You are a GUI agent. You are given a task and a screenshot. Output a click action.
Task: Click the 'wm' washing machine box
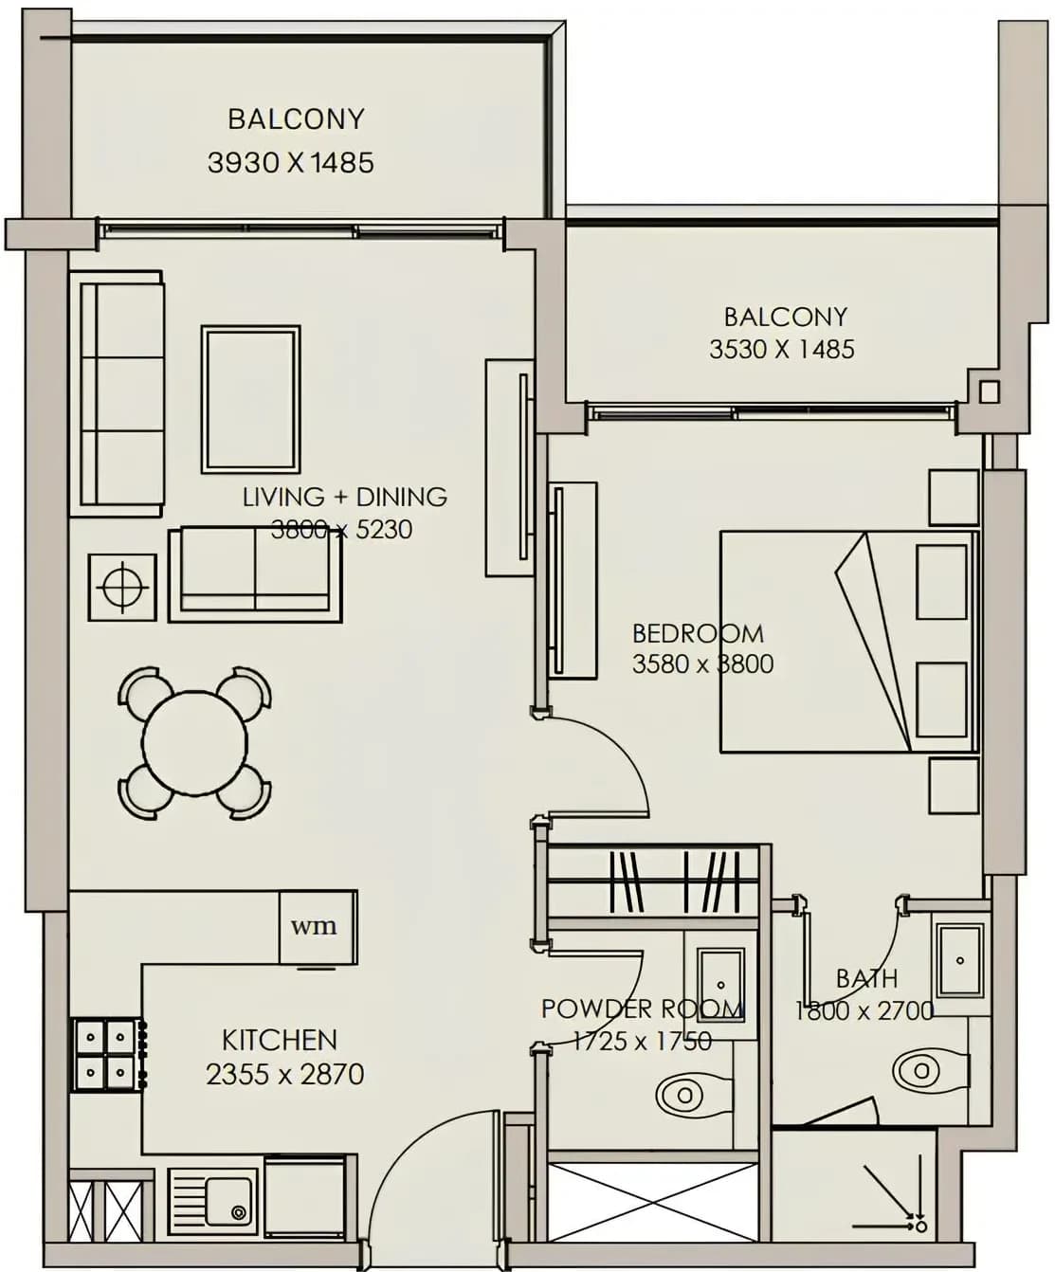click(x=318, y=928)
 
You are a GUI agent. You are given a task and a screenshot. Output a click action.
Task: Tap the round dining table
click(x=195, y=742)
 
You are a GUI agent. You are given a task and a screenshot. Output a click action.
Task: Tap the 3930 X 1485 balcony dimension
click(x=291, y=163)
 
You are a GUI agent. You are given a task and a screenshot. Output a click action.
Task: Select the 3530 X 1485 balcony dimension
click(x=781, y=350)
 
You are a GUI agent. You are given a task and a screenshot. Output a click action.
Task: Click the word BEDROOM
click(x=698, y=634)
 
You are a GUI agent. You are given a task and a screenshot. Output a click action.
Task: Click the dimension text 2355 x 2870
click(x=284, y=1075)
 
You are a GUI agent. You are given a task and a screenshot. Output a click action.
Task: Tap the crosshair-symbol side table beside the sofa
click(x=122, y=588)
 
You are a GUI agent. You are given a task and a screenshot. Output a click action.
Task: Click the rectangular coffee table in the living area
click(x=251, y=400)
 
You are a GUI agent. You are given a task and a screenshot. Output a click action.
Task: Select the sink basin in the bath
click(x=960, y=961)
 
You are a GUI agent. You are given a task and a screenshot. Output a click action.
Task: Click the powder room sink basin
click(x=720, y=985)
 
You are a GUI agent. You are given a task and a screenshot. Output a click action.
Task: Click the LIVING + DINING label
click(x=345, y=497)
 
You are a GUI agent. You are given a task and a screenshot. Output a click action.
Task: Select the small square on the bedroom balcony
click(x=990, y=392)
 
